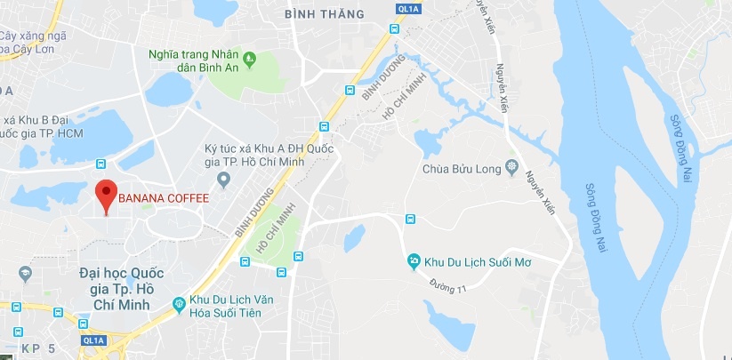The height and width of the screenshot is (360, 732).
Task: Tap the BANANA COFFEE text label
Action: coord(164,197)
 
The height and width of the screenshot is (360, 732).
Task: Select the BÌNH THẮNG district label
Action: coord(325,13)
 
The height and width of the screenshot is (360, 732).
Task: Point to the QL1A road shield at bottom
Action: coord(91,339)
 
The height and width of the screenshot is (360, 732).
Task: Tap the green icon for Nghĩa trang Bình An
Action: coord(251,60)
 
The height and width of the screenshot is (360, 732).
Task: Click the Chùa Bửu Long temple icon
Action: coord(511,167)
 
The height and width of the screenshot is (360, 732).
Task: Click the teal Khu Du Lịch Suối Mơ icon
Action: coord(414,261)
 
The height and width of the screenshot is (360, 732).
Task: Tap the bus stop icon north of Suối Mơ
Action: coord(411,219)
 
